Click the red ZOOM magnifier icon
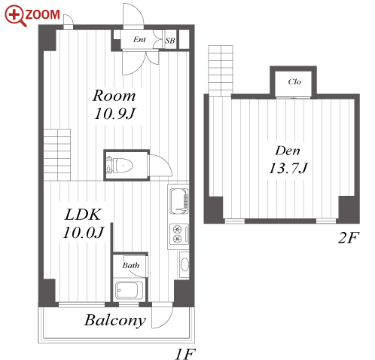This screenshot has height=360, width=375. (x=14, y=15)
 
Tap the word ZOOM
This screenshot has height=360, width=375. (x=42, y=14)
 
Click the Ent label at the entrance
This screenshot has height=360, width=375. (x=139, y=39)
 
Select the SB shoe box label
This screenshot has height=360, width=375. (x=170, y=41)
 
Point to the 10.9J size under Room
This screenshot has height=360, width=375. (x=114, y=114)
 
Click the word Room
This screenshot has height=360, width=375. (x=114, y=96)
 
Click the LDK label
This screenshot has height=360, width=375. (x=83, y=215)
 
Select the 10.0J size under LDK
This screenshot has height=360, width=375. (x=84, y=233)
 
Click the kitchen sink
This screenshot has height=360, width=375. (x=178, y=201)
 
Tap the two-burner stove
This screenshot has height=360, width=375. (x=179, y=234)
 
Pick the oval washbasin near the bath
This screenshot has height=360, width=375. (x=184, y=264)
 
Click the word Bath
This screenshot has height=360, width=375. (x=130, y=265)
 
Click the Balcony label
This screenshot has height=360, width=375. (x=115, y=320)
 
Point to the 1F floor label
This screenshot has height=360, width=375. (x=185, y=354)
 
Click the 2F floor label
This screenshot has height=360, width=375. (x=349, y=238)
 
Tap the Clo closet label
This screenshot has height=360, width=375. (x=294, y=81)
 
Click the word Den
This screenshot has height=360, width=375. (x=288, y=151)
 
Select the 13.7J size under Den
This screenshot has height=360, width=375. (x=288, y=168)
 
